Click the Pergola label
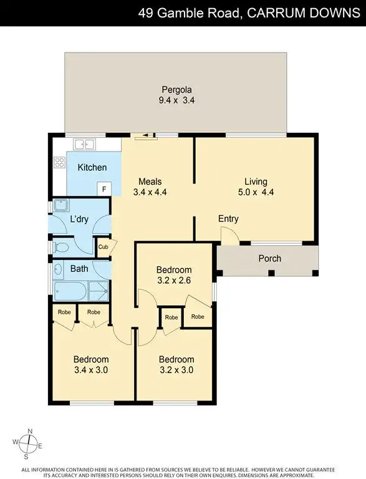pos(176,88)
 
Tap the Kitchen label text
pos(92,167)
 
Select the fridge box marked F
pos(104,188)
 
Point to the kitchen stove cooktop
pos(60,162)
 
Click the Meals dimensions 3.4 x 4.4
pos(150,193)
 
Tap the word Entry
pos(228,219)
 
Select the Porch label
pos(269,258)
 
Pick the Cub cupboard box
pos(104,248)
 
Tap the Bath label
pos(79,269)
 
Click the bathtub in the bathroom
pos(71,291)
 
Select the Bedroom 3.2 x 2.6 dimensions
pos(173,280)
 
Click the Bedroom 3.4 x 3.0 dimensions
pos(91,370)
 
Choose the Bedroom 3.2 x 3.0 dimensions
pos(176,370)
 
